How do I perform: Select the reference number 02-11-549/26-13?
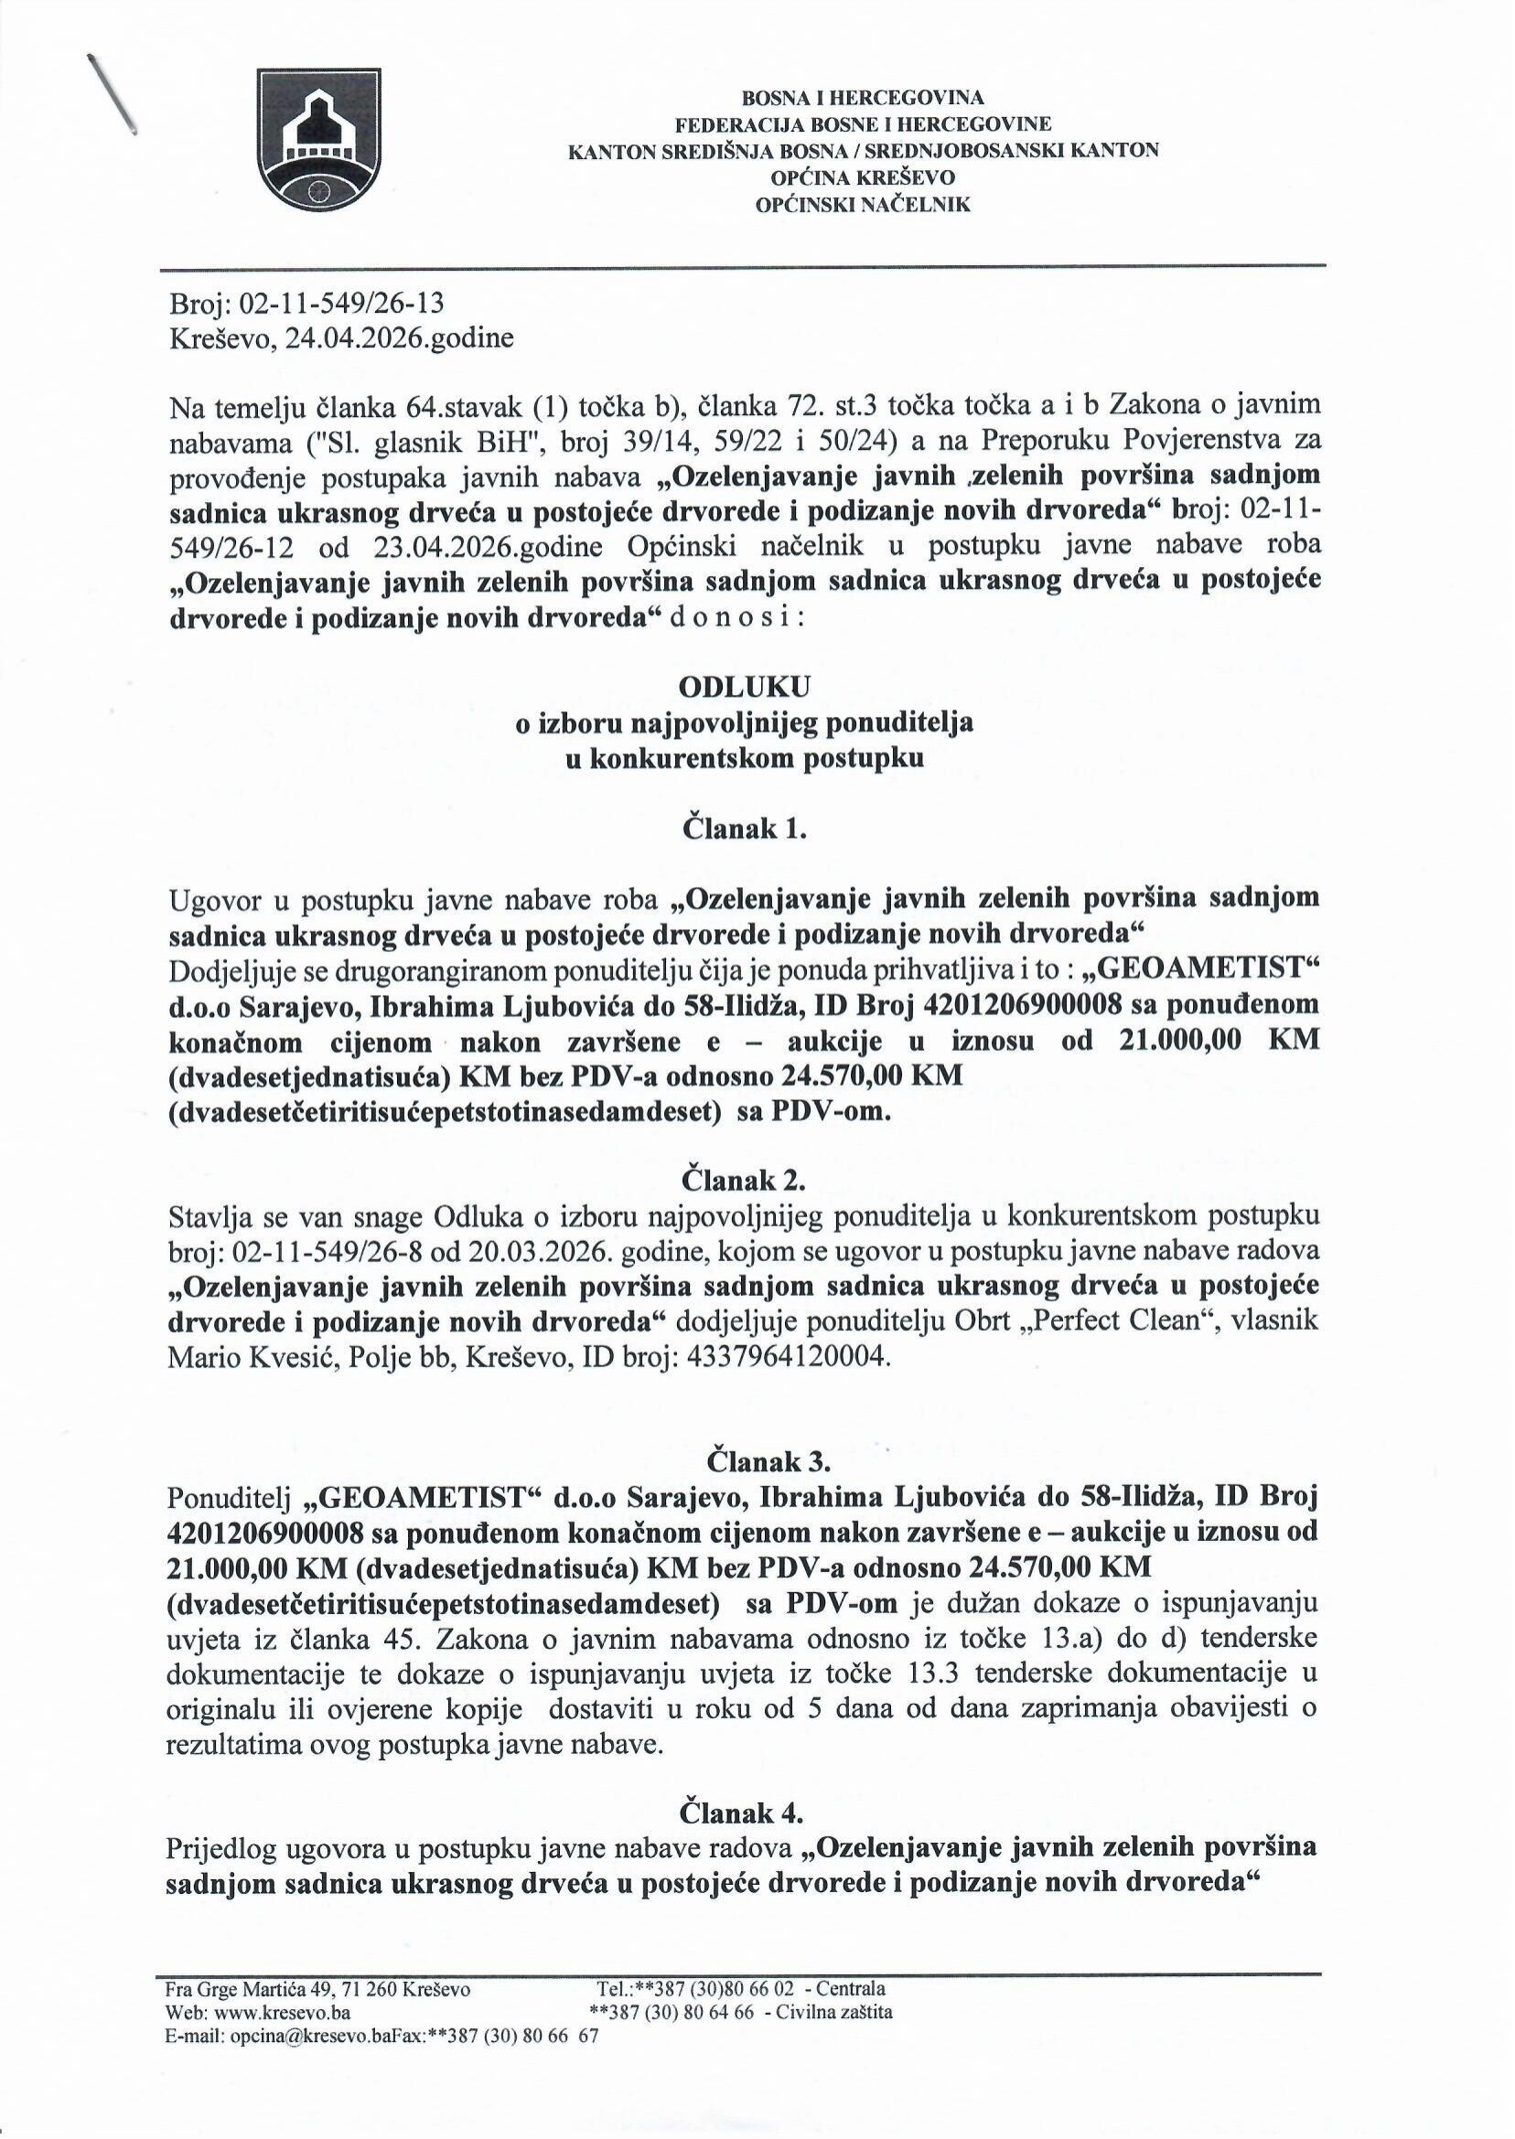(342, 303)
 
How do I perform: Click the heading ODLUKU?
(745, 685)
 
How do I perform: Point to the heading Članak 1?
(745, 829)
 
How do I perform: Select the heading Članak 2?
(745, 1180)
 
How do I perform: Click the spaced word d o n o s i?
(736, 618)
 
